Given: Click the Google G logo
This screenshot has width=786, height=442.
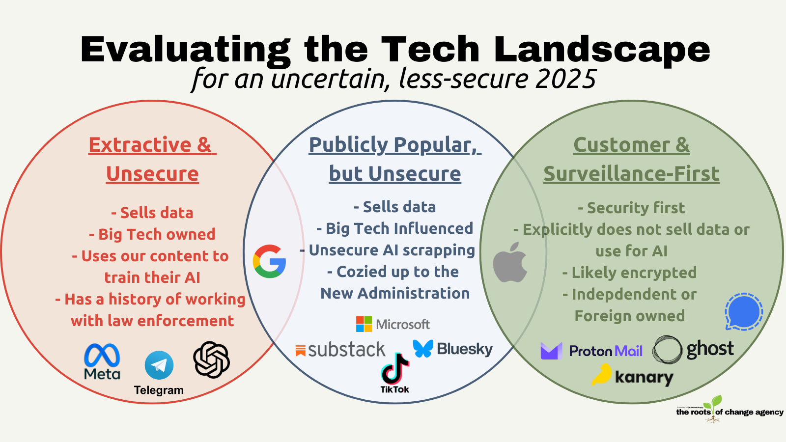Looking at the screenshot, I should point(269,261).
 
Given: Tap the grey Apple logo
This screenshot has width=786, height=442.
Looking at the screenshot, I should point(510,262).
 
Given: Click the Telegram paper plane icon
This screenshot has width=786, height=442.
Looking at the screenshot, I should point(159,365).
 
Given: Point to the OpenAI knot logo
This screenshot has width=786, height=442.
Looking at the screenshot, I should point(211,360).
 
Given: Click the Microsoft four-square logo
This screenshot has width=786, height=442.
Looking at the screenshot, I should point(364,324).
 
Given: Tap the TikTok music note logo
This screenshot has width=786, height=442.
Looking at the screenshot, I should point(394,368).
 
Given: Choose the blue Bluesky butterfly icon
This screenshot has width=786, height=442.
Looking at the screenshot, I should point(423,348).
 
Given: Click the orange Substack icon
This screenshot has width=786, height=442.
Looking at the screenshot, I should point(301,350).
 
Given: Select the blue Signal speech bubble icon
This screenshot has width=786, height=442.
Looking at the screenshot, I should point(744,311).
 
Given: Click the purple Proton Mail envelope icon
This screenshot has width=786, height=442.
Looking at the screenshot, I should point(551,351).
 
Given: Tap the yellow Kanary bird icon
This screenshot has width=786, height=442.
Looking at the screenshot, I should point(602,375).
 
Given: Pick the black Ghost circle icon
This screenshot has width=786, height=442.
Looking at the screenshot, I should point(667,350).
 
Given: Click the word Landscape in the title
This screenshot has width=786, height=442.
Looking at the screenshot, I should point(602,50).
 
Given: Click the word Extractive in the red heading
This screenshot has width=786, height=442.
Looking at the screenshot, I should point(140,145).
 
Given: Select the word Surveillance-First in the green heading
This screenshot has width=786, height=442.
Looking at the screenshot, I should point(631,174).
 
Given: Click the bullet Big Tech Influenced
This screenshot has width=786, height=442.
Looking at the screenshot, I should point(399,228).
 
